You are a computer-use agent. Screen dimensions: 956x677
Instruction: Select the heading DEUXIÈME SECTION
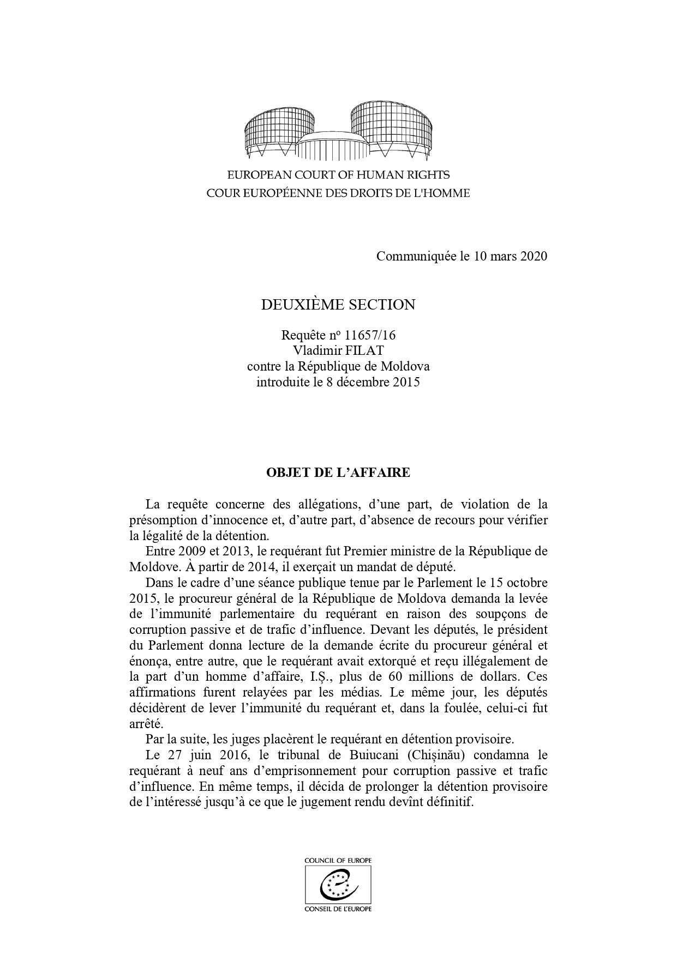(338, 304)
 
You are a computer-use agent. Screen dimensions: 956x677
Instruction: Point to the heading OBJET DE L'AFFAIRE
(338, 473)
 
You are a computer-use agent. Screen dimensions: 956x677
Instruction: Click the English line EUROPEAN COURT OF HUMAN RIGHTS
(338, 175)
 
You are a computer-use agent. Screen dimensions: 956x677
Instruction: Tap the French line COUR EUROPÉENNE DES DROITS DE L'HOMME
(338, 193)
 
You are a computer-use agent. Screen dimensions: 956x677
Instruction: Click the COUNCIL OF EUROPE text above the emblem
(338, 860)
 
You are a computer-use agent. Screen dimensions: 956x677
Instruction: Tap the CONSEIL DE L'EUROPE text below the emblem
(338, 909)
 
